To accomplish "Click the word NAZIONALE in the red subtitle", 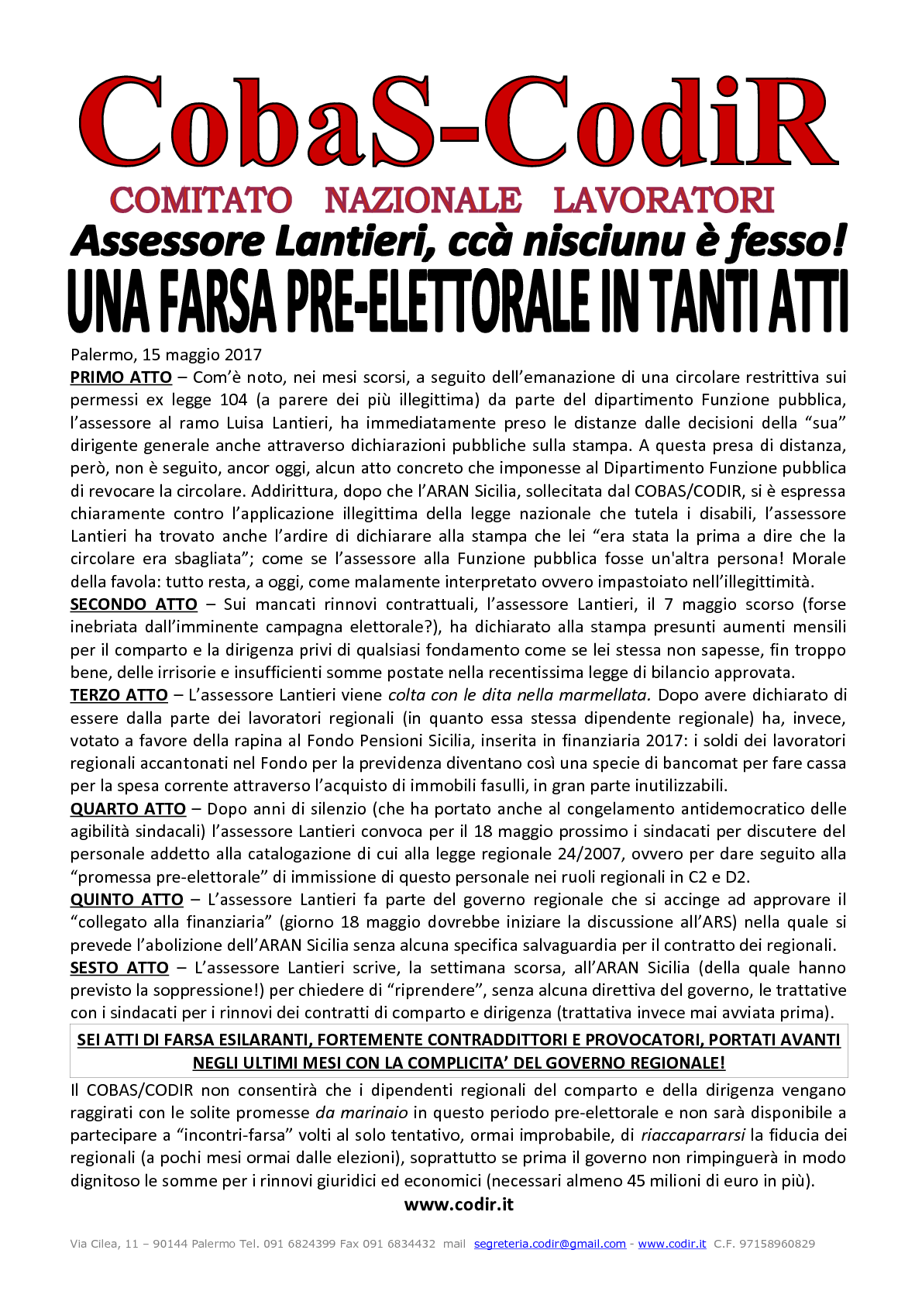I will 423,201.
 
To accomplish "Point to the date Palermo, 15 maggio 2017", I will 166,355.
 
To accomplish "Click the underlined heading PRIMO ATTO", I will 121,377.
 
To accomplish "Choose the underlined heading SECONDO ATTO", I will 133,604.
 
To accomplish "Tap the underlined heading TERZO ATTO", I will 119,695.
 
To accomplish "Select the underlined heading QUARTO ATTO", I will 128,809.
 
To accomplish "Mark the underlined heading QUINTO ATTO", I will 126,900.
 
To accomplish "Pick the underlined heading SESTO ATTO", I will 119,968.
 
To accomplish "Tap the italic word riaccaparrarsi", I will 693,1135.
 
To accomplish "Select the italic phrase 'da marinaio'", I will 362,1113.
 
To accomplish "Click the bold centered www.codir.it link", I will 459,1204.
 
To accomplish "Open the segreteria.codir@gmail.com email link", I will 549,1244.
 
